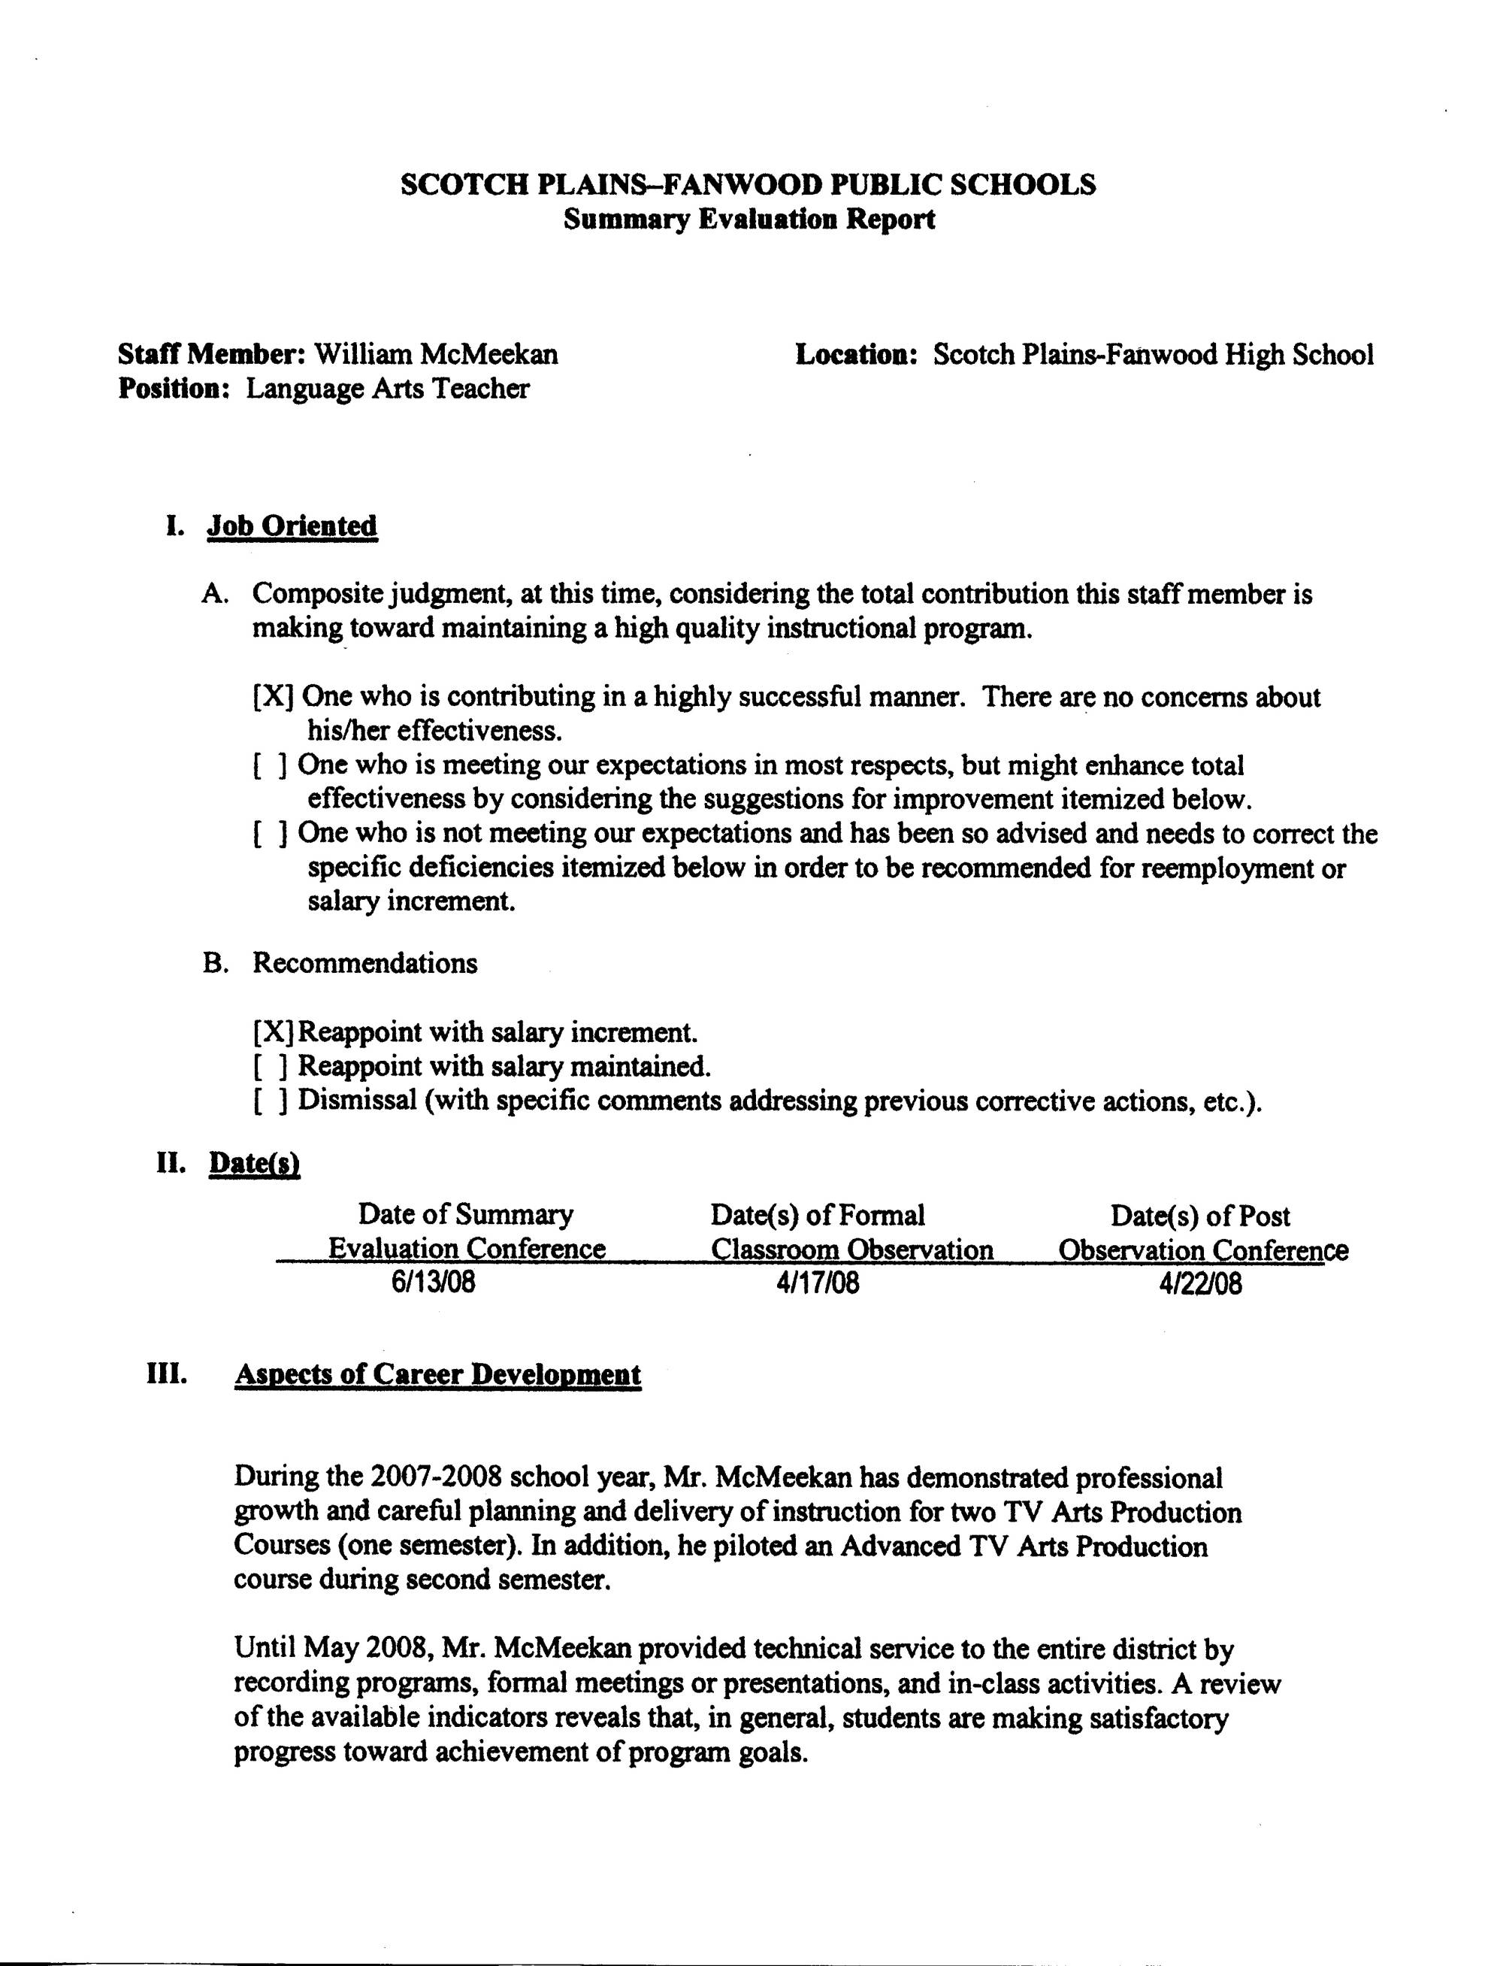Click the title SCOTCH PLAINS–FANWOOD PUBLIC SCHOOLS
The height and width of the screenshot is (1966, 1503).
(748, 184)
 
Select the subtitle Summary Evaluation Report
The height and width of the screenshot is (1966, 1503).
(748, 220)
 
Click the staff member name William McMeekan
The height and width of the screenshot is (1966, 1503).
(436, 354)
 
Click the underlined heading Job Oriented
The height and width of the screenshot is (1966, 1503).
(292, 526)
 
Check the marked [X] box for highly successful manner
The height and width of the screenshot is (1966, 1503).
(274, 696)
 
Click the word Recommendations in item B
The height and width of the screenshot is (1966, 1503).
(365, 963)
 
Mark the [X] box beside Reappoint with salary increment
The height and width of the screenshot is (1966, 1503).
(274, 1033)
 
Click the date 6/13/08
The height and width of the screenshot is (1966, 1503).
(433, 1283)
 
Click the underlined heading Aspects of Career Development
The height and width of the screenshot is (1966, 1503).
(437, 1374)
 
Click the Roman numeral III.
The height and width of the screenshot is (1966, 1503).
(166, 1374)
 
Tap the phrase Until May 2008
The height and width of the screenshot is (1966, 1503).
(330, 1647)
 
